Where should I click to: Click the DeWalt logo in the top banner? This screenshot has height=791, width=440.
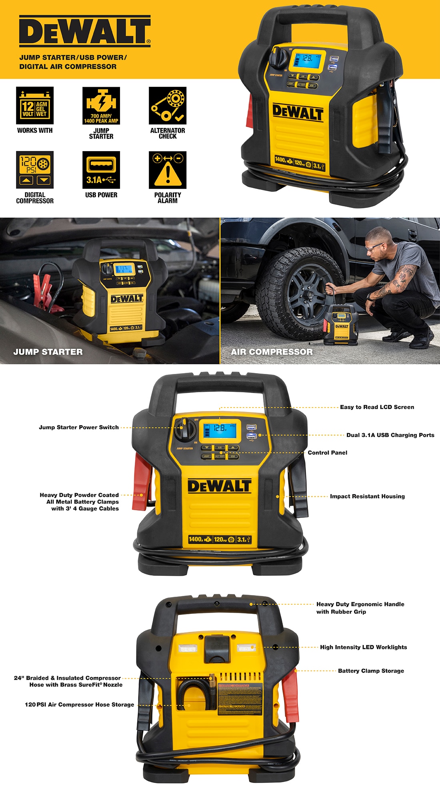tap(85, 31)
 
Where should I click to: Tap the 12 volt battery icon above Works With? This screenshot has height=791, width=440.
tap(35, 106)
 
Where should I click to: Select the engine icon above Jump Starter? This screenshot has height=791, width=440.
tap(101, 106)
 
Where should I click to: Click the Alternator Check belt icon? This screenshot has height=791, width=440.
tap(168, 106)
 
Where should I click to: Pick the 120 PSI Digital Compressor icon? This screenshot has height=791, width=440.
tap(35, 170)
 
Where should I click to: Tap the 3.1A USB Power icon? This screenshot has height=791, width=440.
tap(101, 170)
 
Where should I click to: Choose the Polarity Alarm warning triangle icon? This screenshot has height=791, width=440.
tap(168, 170)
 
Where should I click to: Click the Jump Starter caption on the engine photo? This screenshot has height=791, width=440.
tap(48, 352)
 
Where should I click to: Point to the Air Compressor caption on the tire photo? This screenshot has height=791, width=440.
tap(272, 352)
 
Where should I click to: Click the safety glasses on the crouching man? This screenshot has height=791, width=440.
tap(374, 248)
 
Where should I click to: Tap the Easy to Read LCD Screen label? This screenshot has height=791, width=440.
tap(377, 407)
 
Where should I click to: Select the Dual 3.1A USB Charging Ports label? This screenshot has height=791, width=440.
tap(390, 435)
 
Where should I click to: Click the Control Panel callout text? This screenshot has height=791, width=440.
tap(328, 453)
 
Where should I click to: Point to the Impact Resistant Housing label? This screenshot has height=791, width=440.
tap(367, 496)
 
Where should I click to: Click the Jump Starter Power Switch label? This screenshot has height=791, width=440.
tap(79, 427)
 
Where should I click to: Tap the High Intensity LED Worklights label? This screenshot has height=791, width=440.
tap(363, 647)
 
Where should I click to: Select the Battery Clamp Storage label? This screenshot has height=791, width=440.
tap(371, 671)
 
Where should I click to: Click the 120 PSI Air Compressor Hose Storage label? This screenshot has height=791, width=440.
tap(80, 705)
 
